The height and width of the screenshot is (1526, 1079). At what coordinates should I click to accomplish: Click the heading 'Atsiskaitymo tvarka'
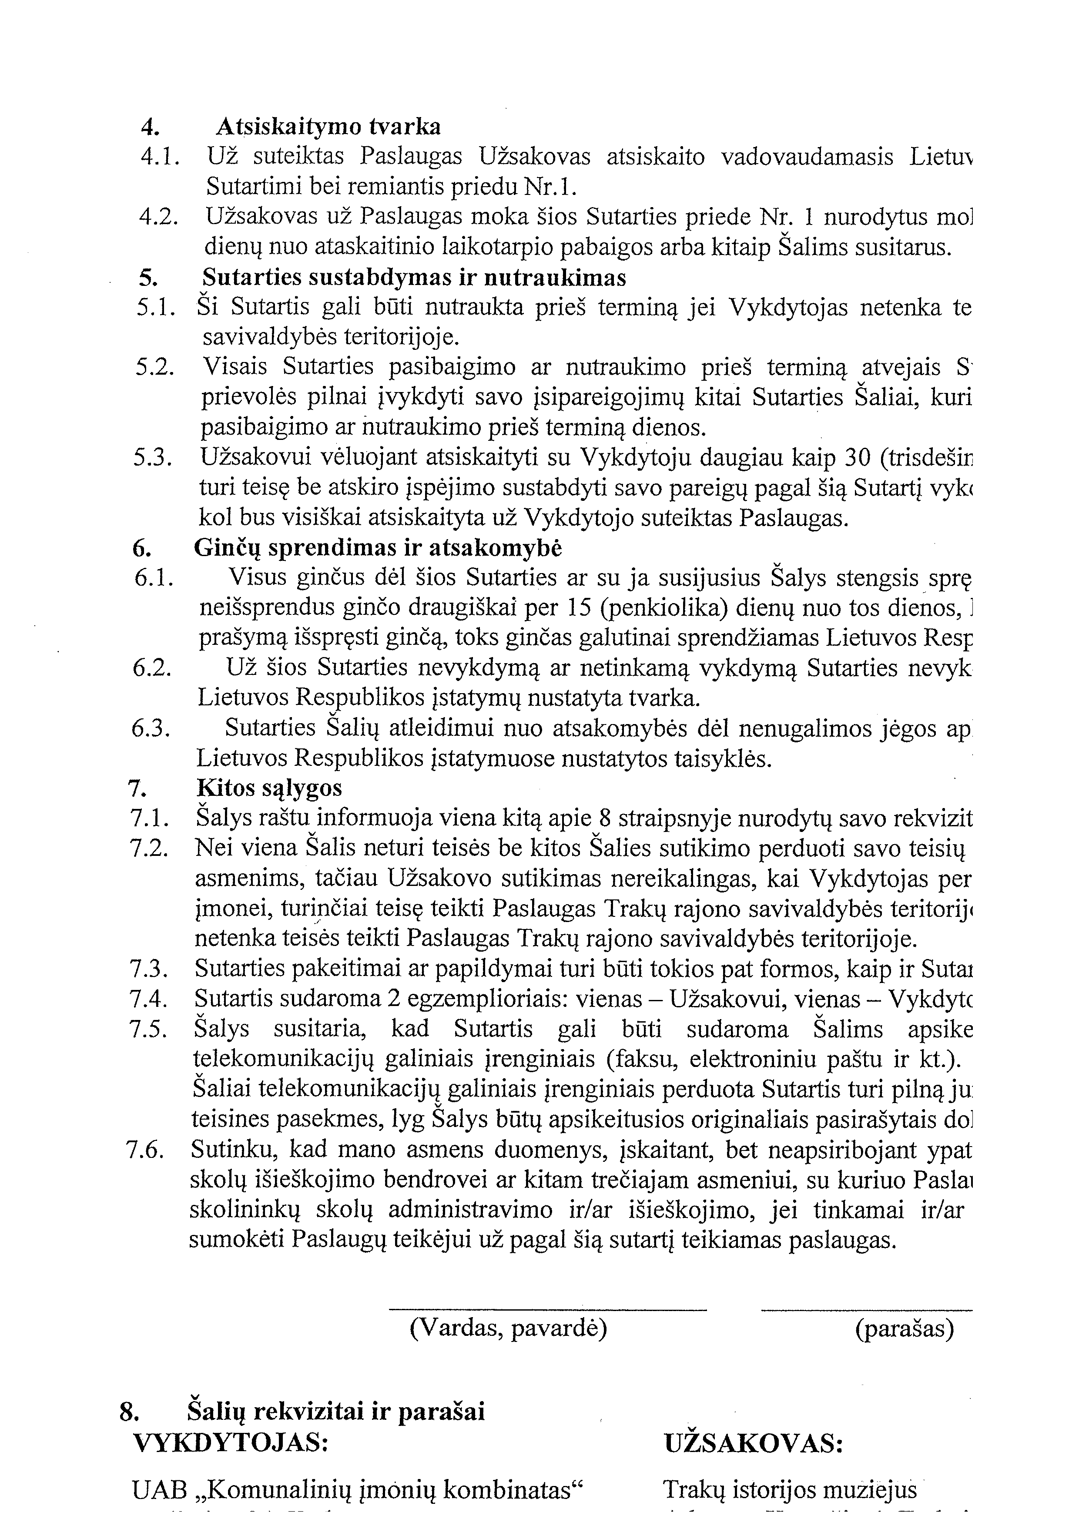[x=328, y=126]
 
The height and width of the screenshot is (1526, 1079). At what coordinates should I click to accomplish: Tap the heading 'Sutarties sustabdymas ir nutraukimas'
[x=414, y=277]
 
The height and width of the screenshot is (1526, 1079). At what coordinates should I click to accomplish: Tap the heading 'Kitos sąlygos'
[x=269, y=789]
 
